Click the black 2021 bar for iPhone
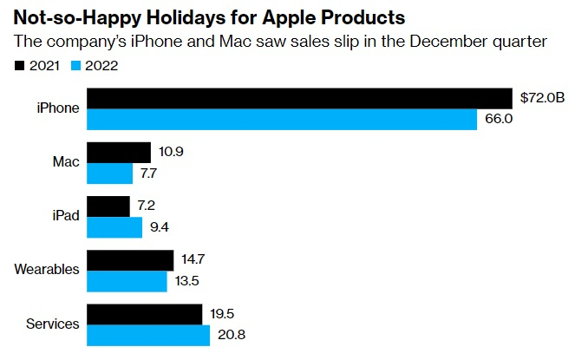pos(300,98)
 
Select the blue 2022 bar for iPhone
pos(283,119)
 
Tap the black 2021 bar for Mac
pos(120,152)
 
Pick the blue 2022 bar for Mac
pos(111,173)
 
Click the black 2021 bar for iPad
pos(108,206)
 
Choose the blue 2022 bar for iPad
pos(115,227)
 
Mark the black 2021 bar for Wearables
pos(131,260)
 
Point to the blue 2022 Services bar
pos(149,335)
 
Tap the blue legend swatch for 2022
pos(74,64)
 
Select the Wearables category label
pos(47,270)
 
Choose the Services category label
pos(52,324)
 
